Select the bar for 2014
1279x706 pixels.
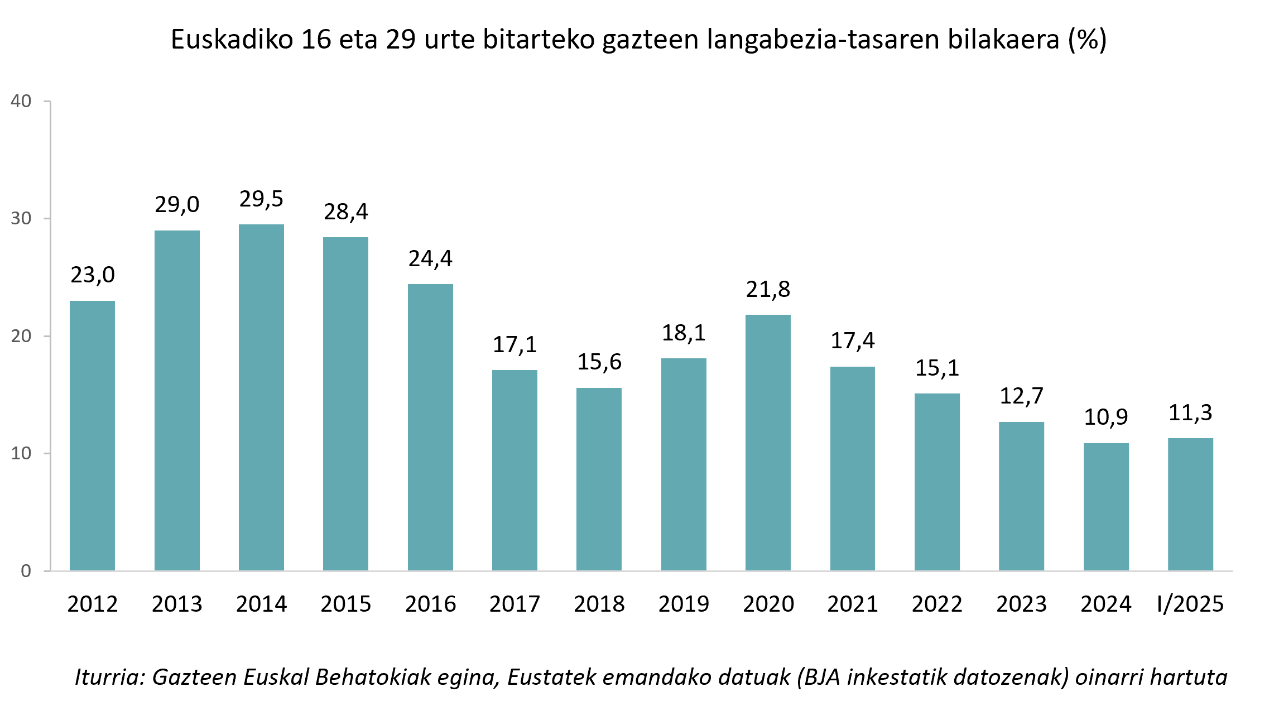click(x=261, y=397)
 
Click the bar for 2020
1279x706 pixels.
click(x=768, y=443)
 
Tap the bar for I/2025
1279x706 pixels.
click(x=1190, y=504)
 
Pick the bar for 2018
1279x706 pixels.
click(x=599, y=479)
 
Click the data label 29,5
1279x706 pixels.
click(x=261, y=199)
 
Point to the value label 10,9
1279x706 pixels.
click(x=1105, y=417)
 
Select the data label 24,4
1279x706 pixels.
click(x=430, y=259)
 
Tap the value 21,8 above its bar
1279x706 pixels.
click(x=768, y=290)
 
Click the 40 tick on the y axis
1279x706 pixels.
click(x=21, y=102)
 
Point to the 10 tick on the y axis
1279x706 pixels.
click(x=21, y=453)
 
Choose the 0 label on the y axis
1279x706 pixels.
click(x=26, y=571)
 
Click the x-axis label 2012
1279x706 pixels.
click(x=92, y=604)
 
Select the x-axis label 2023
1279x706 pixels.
click(x=1021, y=604)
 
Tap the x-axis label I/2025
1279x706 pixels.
click(x=1190, y=604)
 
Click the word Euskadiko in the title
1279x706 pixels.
click(x=232, y=40)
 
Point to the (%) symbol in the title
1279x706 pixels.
click(x=1087, y=40)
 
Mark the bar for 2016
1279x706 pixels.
click(x=430, y=427)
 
